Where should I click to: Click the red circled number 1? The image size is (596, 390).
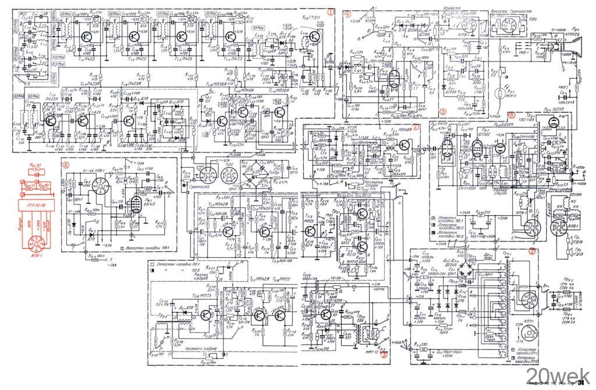coord(331,11)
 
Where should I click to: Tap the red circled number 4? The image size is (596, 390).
coord(347,13)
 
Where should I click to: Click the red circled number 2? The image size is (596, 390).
coord(415,126)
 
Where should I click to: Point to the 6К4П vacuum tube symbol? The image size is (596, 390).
coord(134,204)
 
